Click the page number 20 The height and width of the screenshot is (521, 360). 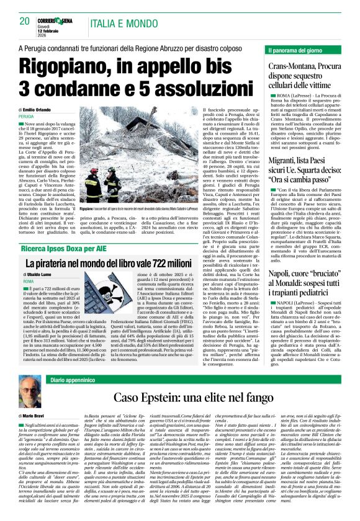[25, 21]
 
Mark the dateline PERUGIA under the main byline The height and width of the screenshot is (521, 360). [27, 117]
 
